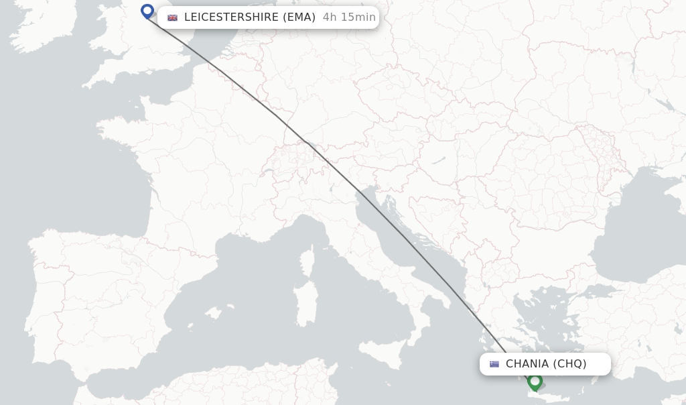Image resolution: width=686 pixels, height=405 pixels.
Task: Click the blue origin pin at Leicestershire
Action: pos(147,11)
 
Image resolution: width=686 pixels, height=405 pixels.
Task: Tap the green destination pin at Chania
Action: pos(535,381)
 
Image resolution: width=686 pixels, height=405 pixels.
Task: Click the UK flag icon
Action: pos(173,17)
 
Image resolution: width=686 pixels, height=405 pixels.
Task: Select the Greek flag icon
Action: pos(494,364)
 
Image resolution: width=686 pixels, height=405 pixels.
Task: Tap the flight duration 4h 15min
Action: pos(349,17)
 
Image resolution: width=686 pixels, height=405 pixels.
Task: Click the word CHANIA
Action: pos(527,364)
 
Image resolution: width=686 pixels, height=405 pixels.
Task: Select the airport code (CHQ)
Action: pos(569,364)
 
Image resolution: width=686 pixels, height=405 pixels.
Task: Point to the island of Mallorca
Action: pos(214,313)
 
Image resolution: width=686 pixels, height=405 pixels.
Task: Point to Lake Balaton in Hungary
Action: pos(439,161)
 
